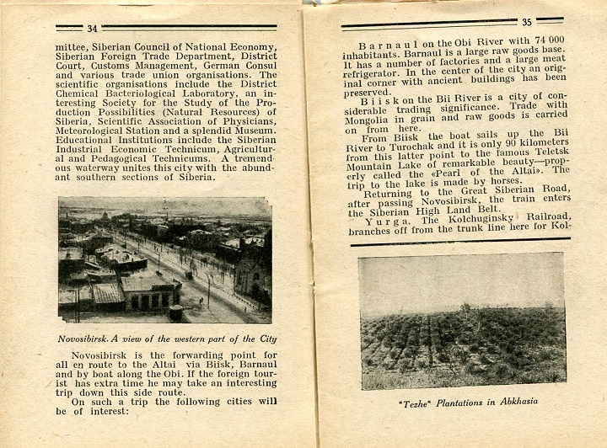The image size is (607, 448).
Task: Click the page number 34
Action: click(92, 29)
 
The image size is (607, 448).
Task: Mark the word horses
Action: click(506, 181)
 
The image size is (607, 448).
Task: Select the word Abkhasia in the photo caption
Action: click(511, 401)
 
